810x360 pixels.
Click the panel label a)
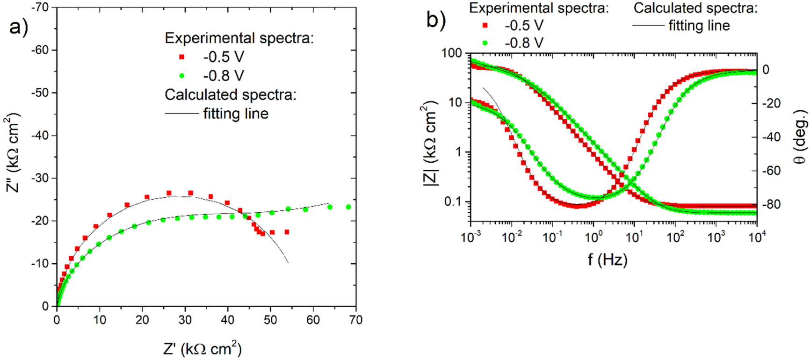pos(19,28)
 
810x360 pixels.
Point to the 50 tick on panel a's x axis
pos(270,320)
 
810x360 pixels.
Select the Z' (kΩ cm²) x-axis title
pos(202,349)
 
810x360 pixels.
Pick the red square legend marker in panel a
pos(182,57)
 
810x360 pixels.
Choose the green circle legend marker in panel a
pos(182,76)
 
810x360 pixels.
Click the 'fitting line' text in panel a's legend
pos(236,114)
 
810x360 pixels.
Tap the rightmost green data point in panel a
pos(348,207)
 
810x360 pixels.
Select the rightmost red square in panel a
pos(287,232)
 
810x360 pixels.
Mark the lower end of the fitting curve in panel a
pos(288,263)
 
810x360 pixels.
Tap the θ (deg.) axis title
pos(800,137)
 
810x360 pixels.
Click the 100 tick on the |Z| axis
pos(451,53)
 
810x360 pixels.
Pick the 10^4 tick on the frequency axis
pos(757,238)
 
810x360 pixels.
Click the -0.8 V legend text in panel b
pos(524,43)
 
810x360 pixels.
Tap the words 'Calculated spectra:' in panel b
pos(695,8)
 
